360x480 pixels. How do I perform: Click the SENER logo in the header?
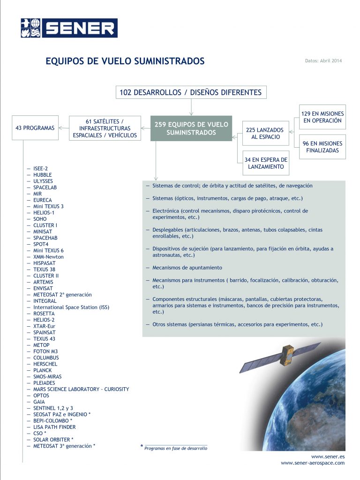69,28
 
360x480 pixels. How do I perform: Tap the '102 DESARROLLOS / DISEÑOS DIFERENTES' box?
191,92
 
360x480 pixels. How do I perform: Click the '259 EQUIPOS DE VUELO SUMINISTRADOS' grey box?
191,128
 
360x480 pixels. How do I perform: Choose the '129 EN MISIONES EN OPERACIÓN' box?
323,117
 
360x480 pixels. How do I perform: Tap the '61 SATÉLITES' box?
105,128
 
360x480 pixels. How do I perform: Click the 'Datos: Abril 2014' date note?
323,61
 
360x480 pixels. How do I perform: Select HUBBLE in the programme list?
43,175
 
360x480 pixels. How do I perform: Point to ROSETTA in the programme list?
44,314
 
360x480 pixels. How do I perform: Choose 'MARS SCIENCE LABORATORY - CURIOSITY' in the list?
81,389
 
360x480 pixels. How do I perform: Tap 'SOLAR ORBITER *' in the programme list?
53,440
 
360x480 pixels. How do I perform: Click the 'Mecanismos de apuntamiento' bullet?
187,268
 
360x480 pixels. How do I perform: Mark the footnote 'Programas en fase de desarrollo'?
176,448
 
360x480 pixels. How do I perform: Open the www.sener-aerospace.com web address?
313,463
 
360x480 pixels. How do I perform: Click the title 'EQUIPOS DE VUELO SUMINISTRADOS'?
125,61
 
